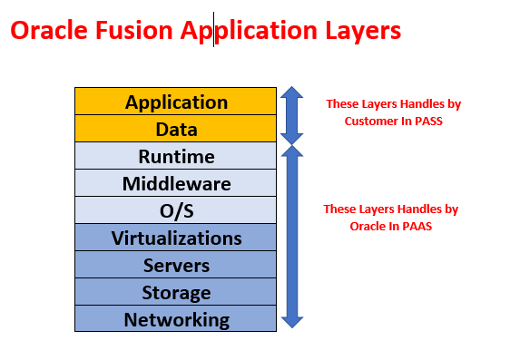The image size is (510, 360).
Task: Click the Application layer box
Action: pyautogui.click(x=176, y=102)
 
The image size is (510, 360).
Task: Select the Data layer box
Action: pyautogui.click(x=176, y=129)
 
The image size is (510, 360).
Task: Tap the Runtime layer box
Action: pyautogui.click(x=176, y=156)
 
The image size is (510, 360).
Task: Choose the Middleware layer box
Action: pyautogui.click(x=176, y=183)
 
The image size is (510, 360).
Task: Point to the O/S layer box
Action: pyautogui.click(x=176, y=210)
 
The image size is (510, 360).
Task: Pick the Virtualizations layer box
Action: pyautogui.click(x=176, y=238)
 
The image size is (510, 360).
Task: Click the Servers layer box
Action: pyautogui.click(x=176, y=265)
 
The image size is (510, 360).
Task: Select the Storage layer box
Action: pyautogui.click(x=176, y=292)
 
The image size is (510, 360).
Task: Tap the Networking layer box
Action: pyautogui.click(x=176, y=319)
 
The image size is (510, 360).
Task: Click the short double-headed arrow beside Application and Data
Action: pyautogui.click(x=291, y=115)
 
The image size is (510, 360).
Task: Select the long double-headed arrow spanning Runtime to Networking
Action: pyautogui.click(x=291, y=236)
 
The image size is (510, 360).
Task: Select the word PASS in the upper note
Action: pyautogui.click(x=427, y=120)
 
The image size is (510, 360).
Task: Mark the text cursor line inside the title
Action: pyautogui.click(x=214, y=30)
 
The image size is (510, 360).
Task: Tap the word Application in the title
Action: pyautogui.click(x=246, y=32)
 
